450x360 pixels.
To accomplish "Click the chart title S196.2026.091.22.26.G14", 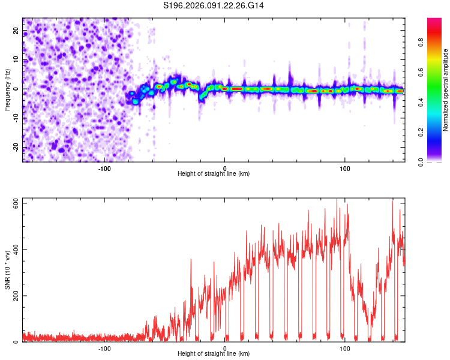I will (x=214, y=5).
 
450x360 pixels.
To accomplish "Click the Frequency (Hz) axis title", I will (x=7, y=89).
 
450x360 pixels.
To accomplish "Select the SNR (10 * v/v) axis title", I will (x=7, y=271).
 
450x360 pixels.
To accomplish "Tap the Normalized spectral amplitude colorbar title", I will (x=446, y=90).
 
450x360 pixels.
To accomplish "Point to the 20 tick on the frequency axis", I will (x=16, y=30).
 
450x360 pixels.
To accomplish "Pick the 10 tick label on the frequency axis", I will (x=16, y=59).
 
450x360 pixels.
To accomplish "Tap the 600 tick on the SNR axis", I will (x=14, y=203).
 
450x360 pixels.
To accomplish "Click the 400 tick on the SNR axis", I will (x=14, y=250).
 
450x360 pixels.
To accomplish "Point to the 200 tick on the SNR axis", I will (x=14, y=296).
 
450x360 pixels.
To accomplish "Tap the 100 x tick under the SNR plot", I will (x=345, y=348).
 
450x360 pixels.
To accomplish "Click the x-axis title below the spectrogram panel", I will (x=214, y=174).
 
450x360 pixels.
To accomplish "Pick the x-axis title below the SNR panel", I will (x=214, y=354).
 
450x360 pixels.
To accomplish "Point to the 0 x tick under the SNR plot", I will (x=225, y=348).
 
